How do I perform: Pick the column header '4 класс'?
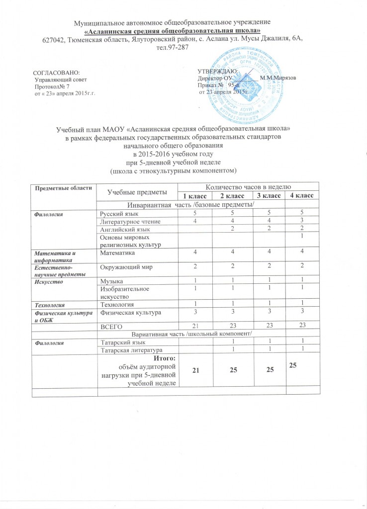[302, 196]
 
